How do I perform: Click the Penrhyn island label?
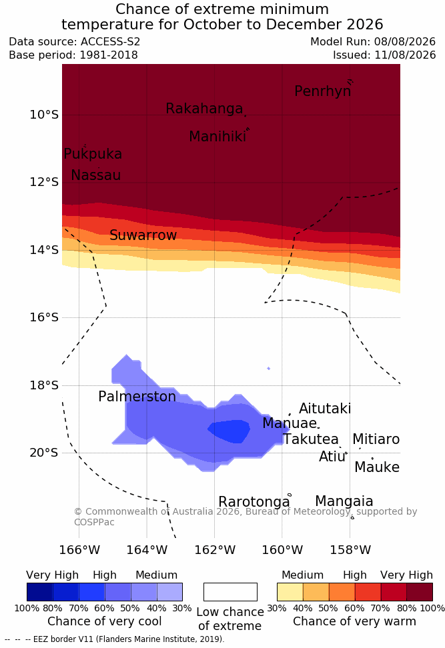pyautogui.click(x=323, y=91)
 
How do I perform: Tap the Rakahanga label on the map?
pyautogui.click(x=204, y=108)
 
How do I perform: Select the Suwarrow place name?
pyautogui.click(x=143, y=235)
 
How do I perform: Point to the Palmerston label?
pyautogui.click(x=137, y=397)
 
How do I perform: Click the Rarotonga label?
pyautogui.click(x=254, y=502)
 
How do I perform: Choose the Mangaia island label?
pyautogui.click(x=344, y=501)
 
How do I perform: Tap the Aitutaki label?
pyautogui.click(x=325, y=409)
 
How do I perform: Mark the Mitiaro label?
pyautogui.click(x=376, y=439)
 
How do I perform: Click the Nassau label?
pyautogui.click(x=96, y=175)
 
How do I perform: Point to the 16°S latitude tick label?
pyautogui.click(x=44, y=317)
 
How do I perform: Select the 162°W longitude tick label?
pyautogui.click(x=215, y=550)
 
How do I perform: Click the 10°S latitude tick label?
pyautogui.click(x=44, y=115)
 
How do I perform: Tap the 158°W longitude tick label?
pyautogui.click(x=350, y=550)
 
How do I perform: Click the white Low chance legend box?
pyautogui.click(x=230, y=592)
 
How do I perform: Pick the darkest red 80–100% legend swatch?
pyautogui.click(x=420, y=592)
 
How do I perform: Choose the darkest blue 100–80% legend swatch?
pyautogui.click(x=40, y=592)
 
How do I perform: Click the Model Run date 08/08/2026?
pyautogui.click(x=405, y=42)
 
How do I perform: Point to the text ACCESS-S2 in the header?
pyautogui.click(x=111, y=42)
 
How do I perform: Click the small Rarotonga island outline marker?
pyautogui.click(x=290, y=495)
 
